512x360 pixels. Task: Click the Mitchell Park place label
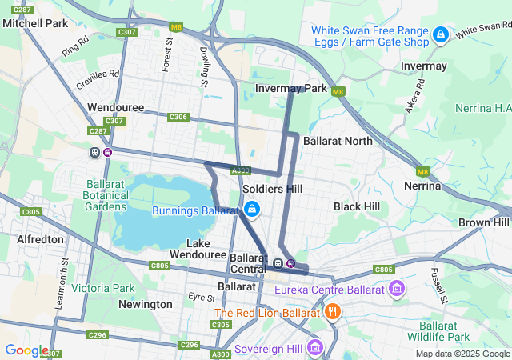tap(35, 24)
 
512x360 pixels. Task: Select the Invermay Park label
tap(291, 88)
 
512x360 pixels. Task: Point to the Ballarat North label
tap(338, 141)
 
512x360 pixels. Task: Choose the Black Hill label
tap(357, 206)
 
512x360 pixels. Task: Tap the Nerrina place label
tap(423, 186)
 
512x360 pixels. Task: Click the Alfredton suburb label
tap(40, 239)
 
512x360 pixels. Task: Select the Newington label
tap(145, 304)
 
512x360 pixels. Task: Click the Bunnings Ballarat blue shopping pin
tap(252, 210)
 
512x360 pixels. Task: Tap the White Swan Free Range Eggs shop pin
tap(440, 35)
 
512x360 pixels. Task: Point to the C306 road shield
tap(178, 117)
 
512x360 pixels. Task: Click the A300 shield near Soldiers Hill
tap(240, 170)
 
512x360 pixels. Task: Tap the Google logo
tap(26, 350)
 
